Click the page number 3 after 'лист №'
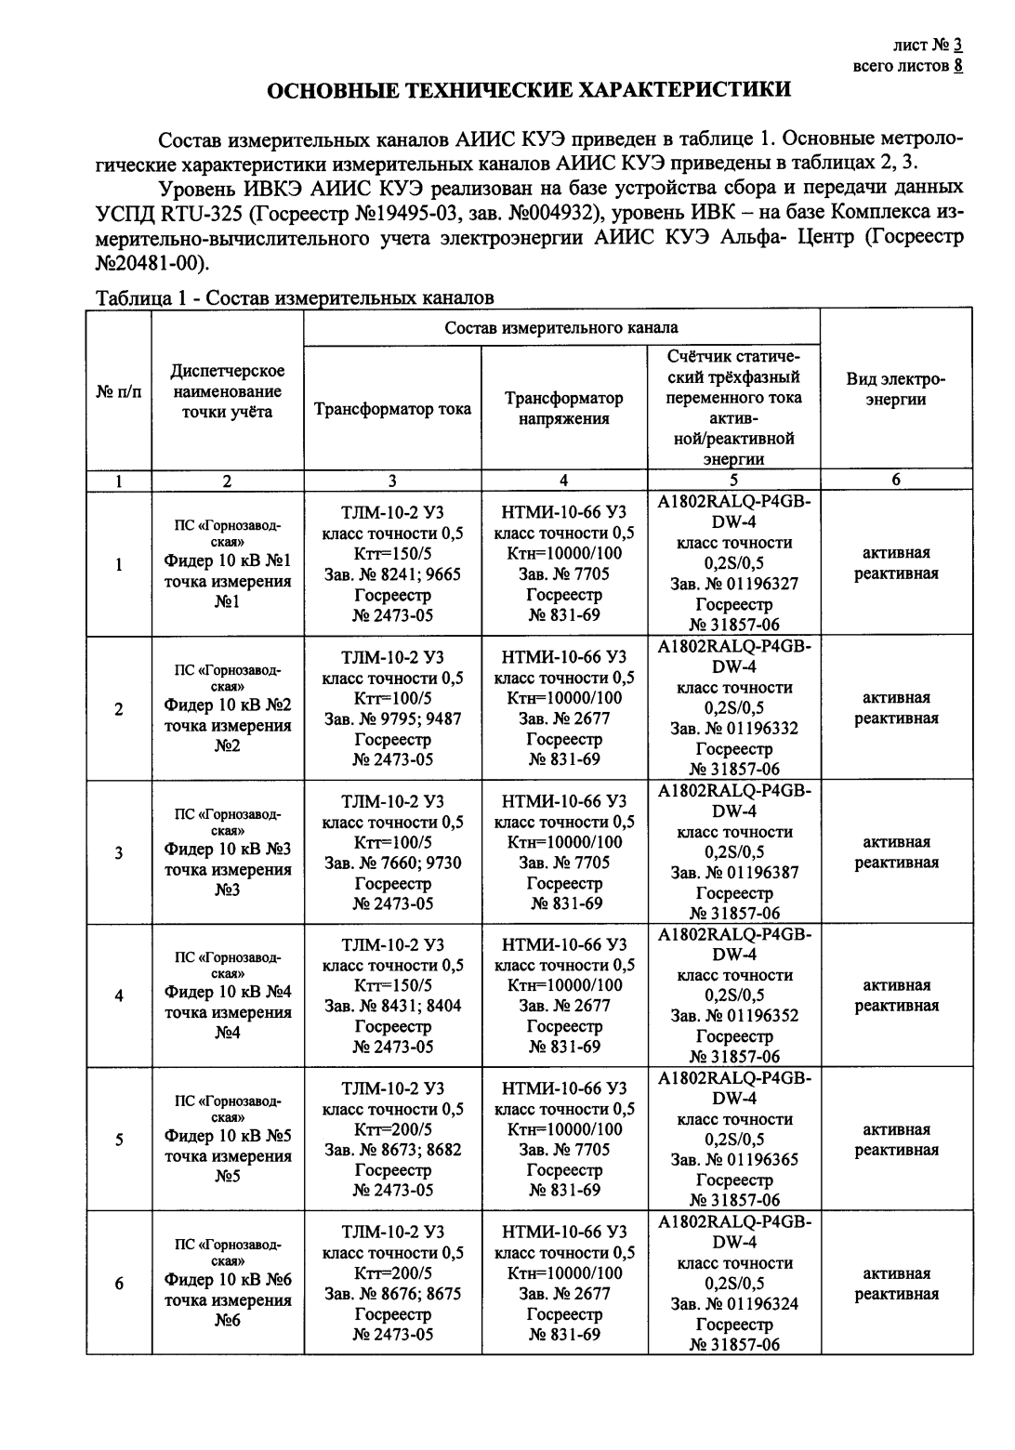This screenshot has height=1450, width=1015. (957, 45)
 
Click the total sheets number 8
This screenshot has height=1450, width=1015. (957, 65)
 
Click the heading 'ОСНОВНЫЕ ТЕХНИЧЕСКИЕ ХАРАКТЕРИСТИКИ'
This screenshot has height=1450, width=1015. (529, 90)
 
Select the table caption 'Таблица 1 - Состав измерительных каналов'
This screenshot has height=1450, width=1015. (296, 298)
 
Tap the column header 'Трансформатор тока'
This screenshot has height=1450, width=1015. (392, 409)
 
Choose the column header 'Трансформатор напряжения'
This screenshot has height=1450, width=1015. (563, 408)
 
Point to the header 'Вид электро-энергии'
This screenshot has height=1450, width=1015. (895, 389)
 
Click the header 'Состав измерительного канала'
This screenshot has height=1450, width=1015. (561, 328)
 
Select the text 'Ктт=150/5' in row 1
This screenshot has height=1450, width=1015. (392, 554)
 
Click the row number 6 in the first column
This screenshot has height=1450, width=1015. (119, 1285)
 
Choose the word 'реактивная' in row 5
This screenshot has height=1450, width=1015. (896, 1151)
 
